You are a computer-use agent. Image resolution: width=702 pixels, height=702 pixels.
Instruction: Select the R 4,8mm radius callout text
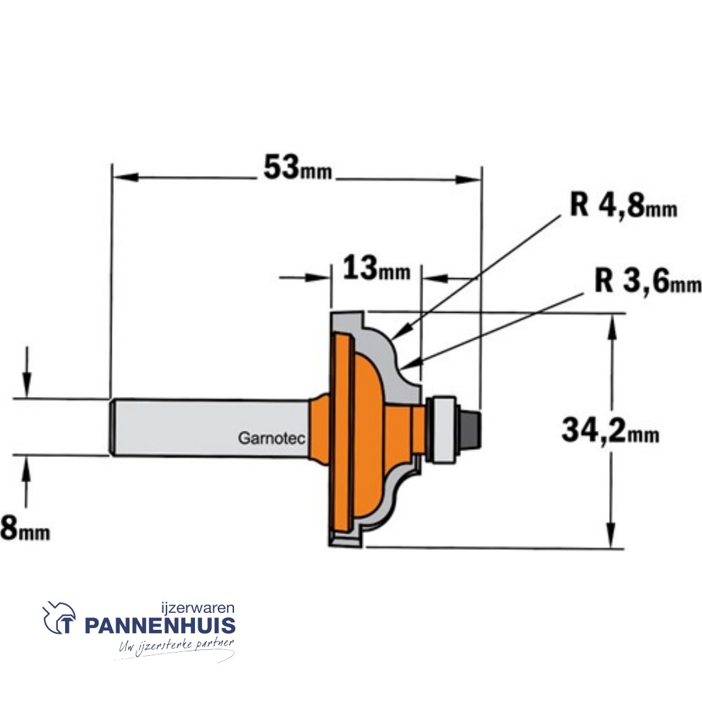point(623,206)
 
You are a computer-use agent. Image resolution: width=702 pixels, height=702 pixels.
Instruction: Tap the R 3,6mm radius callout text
point(647,283)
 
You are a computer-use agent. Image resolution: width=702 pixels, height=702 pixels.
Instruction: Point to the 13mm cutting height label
point(376,268)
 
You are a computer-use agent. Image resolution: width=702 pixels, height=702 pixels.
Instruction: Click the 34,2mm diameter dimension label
point(610,432)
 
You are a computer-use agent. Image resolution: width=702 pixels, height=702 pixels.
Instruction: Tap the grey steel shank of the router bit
point(208,427)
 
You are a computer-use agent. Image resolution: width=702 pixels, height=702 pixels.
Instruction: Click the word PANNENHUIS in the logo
point(159,626)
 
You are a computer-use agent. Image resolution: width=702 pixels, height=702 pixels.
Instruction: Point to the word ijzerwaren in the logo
point(197,608)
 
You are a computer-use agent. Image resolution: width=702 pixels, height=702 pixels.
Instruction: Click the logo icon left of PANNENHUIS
point(59,618)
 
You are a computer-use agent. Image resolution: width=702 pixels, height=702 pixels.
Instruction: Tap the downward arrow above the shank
point(27,381)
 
